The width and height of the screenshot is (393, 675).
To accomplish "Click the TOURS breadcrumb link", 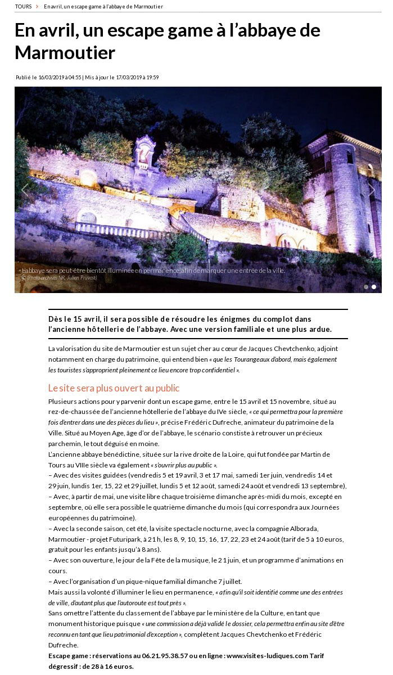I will coord(23,6).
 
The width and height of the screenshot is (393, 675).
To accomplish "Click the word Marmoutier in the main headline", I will coord(65,52).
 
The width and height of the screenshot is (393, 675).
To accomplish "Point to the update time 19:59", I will coord(152,78).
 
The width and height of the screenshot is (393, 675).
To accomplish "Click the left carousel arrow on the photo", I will coord(24,190).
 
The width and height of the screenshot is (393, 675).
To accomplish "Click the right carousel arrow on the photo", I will coord(372,190).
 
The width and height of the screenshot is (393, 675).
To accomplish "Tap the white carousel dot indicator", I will coord(374,287).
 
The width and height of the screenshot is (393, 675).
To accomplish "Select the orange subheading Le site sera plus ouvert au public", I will coord(114,388).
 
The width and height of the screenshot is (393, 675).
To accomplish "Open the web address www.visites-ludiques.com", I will coord(266,656).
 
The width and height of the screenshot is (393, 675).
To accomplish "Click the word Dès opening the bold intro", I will coord(56,319).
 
